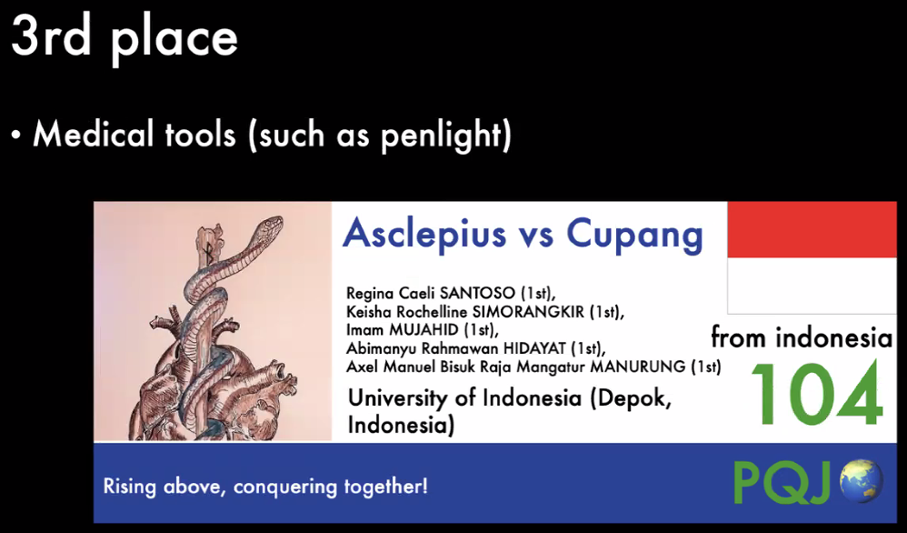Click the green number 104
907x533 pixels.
point(817,396)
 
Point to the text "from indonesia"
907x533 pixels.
point(802,337)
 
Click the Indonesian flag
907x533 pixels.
point(812,257)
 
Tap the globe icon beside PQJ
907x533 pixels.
point(861,480)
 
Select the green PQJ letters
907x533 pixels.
point(784,482)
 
